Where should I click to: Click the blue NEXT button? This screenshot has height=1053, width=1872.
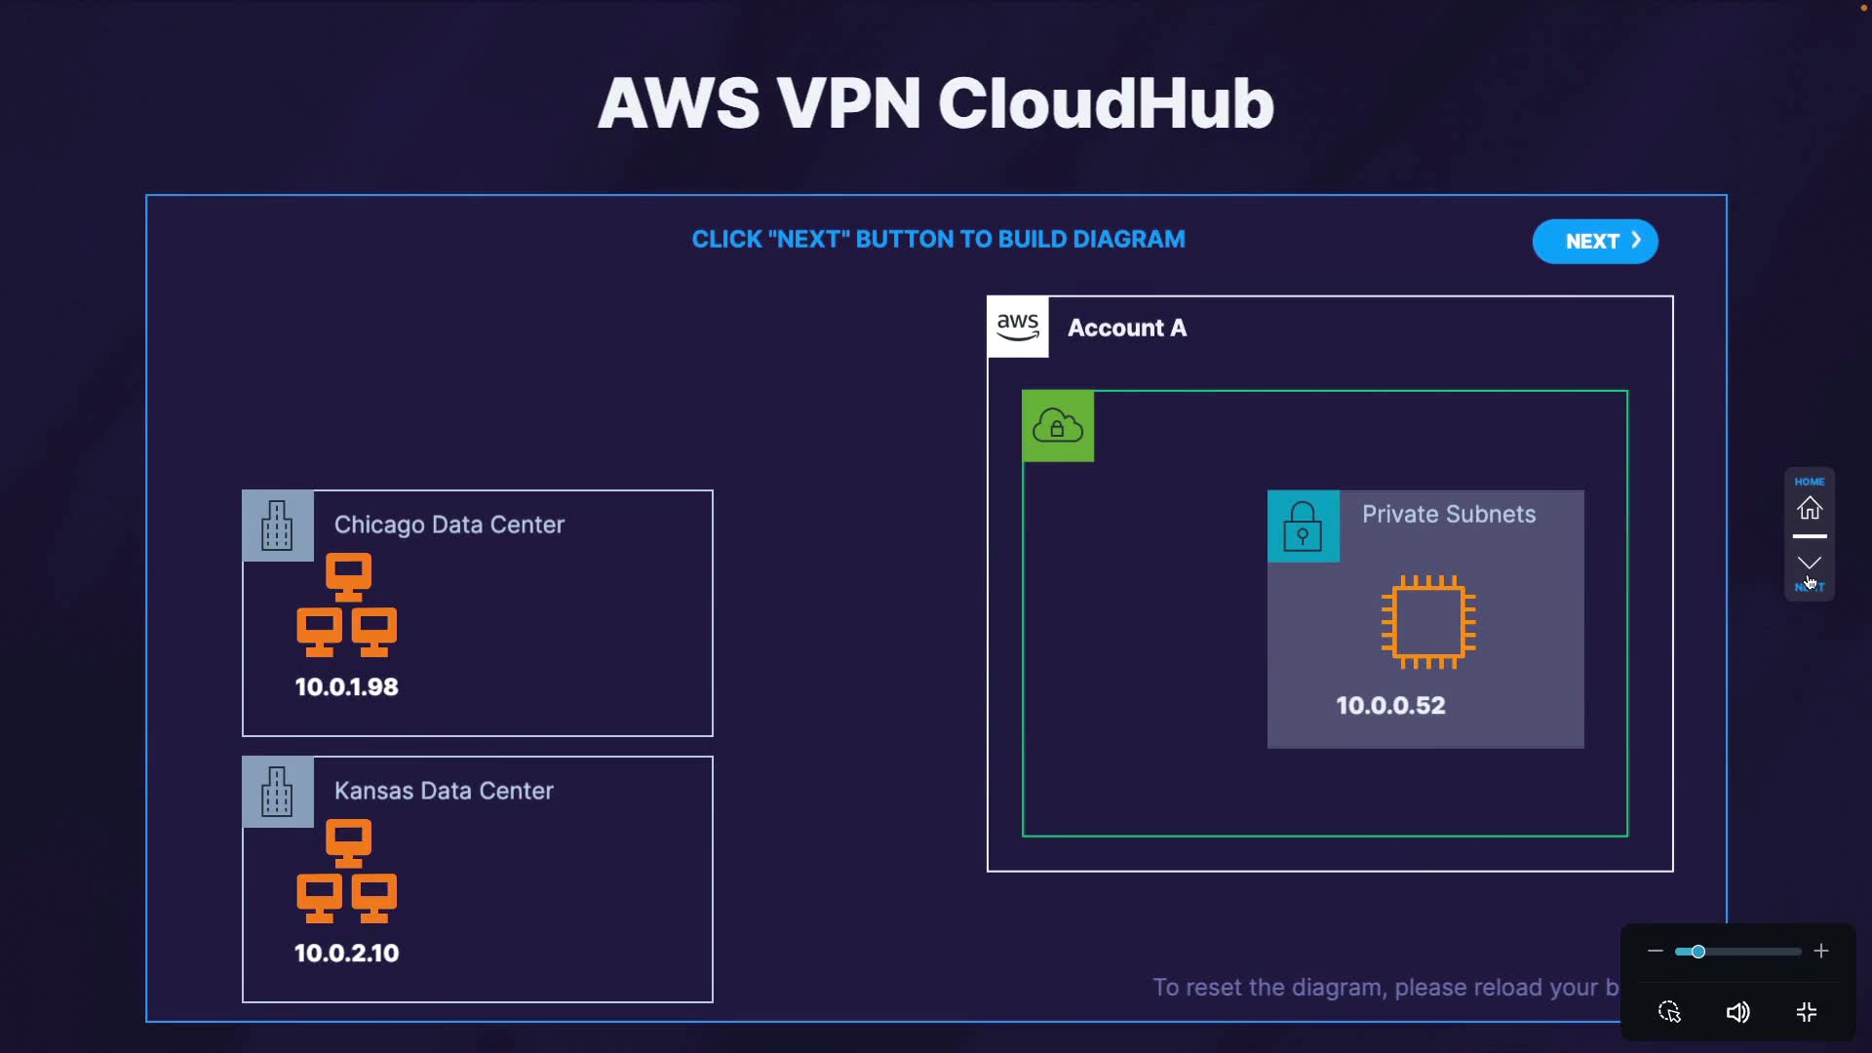click(x=1595, y=242)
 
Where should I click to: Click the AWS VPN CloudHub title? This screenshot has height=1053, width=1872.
click(x=936, y=103)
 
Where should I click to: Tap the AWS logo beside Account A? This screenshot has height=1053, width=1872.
click(x=1018, y=328)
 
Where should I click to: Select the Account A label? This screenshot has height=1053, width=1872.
click(x=1127, y=329)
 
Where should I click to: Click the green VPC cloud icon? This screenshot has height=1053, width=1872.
click(x=1058, y=426)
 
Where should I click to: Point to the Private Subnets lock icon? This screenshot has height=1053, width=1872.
click(x=1303, y=526)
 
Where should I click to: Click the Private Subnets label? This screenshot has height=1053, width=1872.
click(x=1449, y=515)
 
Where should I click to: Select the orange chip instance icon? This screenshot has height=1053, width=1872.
click(x=1428, y=622)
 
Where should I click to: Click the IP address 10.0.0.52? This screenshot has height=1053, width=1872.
click(x=1390, y=706)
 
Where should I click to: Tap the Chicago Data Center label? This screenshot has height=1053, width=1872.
click(x=449, y=526)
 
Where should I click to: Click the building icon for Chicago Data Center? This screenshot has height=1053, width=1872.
click(x=278, y=526)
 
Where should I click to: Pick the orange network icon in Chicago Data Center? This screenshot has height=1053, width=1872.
click(x=347, y=605)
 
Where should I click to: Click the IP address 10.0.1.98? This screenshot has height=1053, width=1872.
click(x=347, y=687)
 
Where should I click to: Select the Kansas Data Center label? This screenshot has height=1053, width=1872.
click(x=444, y=792)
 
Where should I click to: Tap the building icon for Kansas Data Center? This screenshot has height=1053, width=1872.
click(x=278, y=792)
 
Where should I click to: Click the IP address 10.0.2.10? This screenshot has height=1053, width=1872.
click(x=347, y=954)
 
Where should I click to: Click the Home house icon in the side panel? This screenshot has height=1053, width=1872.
click(x=1810, y=508)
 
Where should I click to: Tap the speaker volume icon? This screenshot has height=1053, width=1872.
click(x=1737, y=1013)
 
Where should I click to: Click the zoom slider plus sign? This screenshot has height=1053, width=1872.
click(x=1821, y=952)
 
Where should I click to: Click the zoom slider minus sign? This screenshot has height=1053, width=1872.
click(x=1655, y=952)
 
